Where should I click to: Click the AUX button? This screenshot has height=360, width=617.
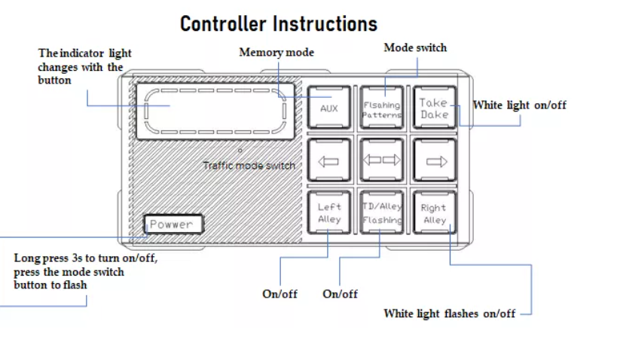click(329, 108)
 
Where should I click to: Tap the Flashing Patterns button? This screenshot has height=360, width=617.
click(382, 108)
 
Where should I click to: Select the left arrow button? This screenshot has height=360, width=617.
click(329, 160)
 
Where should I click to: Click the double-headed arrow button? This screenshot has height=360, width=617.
click(382, 160)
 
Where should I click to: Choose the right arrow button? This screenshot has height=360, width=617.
click(435, 160)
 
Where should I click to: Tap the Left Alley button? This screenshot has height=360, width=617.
click(329, 213)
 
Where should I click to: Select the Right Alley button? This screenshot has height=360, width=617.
click(435, 213)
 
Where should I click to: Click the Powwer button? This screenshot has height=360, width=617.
click(173, 224)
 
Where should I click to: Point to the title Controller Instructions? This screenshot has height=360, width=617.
click(279, 24)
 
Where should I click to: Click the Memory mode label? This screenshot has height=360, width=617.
click(276, 52)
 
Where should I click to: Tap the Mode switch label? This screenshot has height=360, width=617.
click(415, 47)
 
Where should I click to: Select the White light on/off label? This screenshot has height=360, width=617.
click(519, 105)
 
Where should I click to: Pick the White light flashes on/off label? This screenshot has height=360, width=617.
click(449, 313)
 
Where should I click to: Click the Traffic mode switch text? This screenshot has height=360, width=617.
click(249, 166)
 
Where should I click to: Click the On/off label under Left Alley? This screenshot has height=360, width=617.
click(279, 294)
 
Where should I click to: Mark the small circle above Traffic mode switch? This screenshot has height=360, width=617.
click(240, 151)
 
